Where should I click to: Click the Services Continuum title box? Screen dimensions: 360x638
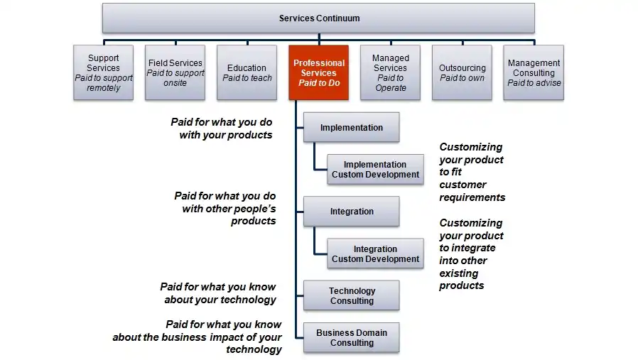319,18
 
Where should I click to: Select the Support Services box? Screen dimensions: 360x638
104,72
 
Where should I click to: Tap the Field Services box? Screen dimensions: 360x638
175,72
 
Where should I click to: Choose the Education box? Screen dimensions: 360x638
247,72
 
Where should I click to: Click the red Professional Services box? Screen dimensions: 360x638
318,72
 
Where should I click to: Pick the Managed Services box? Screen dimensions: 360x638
391,72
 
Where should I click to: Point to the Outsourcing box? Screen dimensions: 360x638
462,72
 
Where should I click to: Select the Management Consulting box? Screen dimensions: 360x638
534,72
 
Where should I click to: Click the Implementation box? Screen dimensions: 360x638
351,128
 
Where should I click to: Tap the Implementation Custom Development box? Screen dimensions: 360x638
375,170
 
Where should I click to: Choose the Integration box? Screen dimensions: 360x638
351,212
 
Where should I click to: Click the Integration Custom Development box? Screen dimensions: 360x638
375,253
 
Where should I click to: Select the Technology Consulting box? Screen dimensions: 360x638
351,295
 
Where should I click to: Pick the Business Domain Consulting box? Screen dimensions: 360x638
351,337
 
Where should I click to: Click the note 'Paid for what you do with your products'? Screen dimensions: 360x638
222,129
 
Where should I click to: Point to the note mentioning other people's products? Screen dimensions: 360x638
226,208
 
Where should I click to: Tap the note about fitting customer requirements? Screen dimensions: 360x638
472,172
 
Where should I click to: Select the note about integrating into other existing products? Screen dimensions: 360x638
471,254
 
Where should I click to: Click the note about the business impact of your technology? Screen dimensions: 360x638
198,337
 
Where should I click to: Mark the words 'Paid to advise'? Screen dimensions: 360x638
534,83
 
